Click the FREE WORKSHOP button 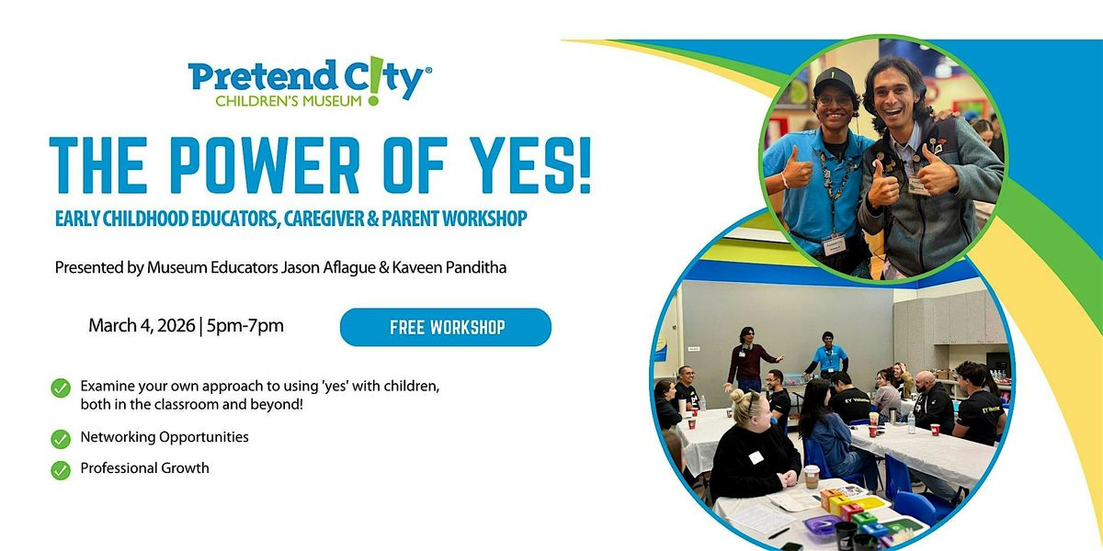coord(446,327)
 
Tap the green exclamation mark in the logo coord(375,81)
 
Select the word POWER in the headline coord(265,164)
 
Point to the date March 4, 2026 coord(142,326)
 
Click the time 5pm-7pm coord(245,326)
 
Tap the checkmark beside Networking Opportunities coord(61,439)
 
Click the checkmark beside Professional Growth coord(61,470)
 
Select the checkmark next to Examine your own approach coord(61,388)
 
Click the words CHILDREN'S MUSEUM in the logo coord(289,101)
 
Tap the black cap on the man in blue coord(835,81)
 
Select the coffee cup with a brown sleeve coord(811,476)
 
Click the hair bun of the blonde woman coord(737,396)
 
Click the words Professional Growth coord(145,467)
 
